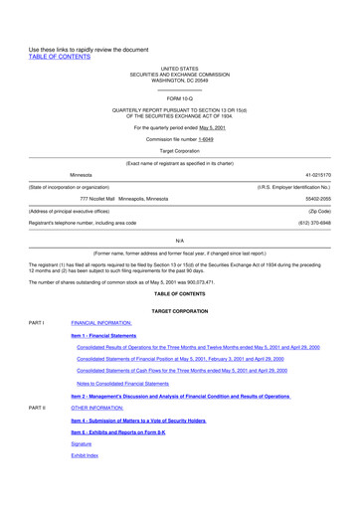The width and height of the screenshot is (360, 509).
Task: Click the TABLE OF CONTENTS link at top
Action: point(59,57)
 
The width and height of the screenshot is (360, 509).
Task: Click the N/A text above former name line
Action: point(179,241)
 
